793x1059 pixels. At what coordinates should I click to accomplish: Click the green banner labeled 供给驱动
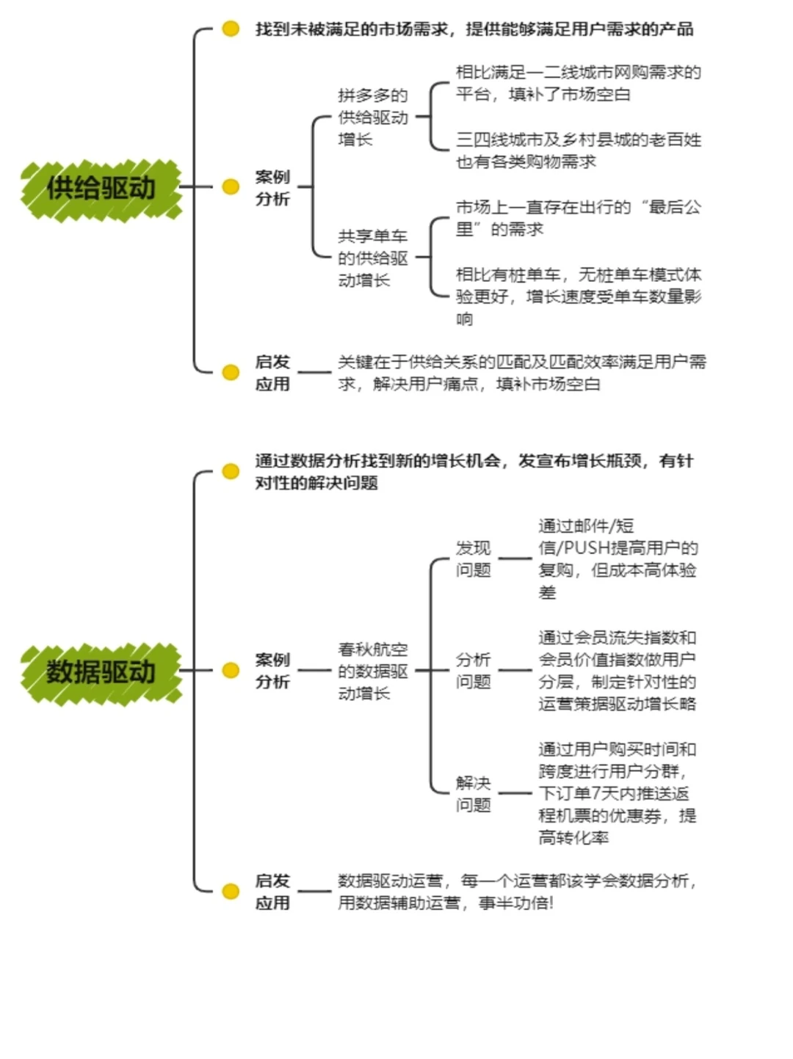tap(101, 189)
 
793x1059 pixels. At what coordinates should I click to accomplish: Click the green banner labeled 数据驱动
tap(101, 672)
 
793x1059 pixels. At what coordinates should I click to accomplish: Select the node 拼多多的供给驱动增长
tap(373, 117)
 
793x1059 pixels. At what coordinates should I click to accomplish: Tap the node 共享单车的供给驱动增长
tap(373, 258)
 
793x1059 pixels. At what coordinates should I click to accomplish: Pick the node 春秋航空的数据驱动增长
tap(373, 672)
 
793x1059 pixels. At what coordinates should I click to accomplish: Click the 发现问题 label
tap(473, 559)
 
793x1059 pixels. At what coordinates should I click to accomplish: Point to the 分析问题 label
tap(473, 671)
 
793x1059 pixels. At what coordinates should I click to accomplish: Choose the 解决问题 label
tap(473, 794)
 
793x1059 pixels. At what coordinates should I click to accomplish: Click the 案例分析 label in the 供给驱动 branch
tap(272, 188)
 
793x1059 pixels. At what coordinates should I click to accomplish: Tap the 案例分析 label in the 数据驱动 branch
tap(272, 671)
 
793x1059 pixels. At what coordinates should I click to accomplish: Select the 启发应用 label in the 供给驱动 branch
tap(272, 373)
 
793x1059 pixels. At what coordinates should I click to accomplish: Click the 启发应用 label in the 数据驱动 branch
tap(272, 892)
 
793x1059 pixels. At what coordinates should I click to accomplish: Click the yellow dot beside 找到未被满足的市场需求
tap(231, 29)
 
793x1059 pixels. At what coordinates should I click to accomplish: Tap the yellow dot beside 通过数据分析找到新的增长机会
tap(231, 471)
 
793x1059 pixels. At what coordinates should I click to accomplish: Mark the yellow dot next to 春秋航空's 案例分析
tap(231, 671)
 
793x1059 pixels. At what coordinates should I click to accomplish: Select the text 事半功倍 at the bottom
tap(515, 903)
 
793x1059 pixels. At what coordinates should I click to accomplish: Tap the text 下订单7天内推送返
tap(614, 794)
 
